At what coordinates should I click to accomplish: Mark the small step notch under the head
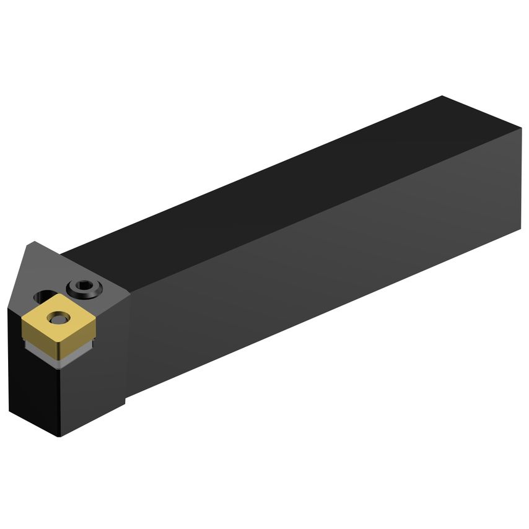(126, 400)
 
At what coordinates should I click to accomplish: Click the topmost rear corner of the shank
(442, 97)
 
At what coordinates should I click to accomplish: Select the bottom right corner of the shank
(520, 229)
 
